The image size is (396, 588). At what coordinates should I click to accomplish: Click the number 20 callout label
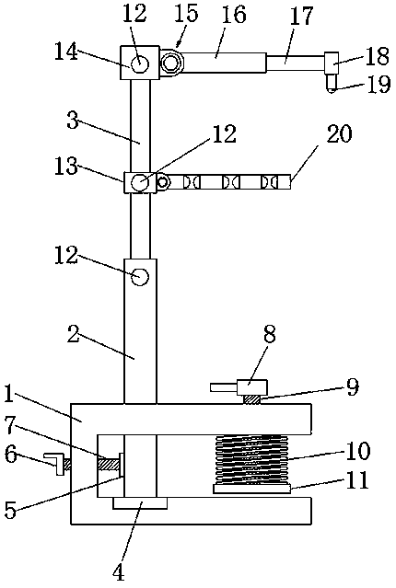pyautogui.click(x=340, y=133)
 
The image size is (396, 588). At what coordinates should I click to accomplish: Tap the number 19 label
pyautogui.click(x=378, y=85)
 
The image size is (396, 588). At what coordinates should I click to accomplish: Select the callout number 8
pyautogui.click(x=269, y=334)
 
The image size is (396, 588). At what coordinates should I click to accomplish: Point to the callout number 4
pyautogui.click(x=119, y=572)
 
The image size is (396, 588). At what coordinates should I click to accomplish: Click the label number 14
pyautogui.click(x=66, y=52)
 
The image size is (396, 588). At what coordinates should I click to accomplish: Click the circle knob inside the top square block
pyautogui.click(x=140, y=63)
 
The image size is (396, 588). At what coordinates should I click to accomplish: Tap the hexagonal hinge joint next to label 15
pyautogui.click(x=172, y=63)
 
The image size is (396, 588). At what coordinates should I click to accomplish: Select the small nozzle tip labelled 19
pyautogui.click(x=332, y=83)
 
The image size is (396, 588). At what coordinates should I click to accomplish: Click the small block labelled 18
pyautogui.click(x=332, y=63)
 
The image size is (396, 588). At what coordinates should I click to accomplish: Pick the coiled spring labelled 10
pyautogui.click(x=251, y=459)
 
